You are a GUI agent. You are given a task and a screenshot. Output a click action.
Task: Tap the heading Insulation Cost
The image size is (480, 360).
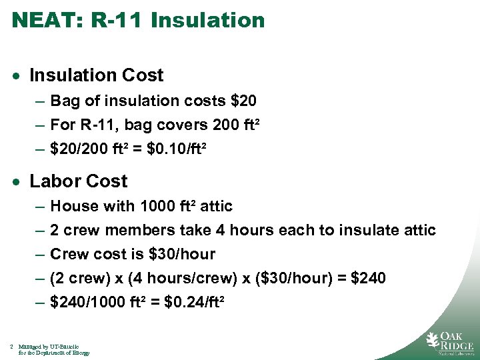(97, 75)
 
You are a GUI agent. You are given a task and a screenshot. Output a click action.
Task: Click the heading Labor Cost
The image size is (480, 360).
(79, 181)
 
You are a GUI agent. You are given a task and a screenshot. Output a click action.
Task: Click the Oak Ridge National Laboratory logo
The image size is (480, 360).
(450, 341)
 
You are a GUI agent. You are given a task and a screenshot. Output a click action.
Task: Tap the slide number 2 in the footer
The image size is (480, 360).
(13, 347)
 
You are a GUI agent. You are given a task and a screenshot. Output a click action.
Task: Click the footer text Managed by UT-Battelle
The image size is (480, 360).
(49, 347)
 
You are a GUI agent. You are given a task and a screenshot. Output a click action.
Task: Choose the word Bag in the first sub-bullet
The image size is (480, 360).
(64, 101)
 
